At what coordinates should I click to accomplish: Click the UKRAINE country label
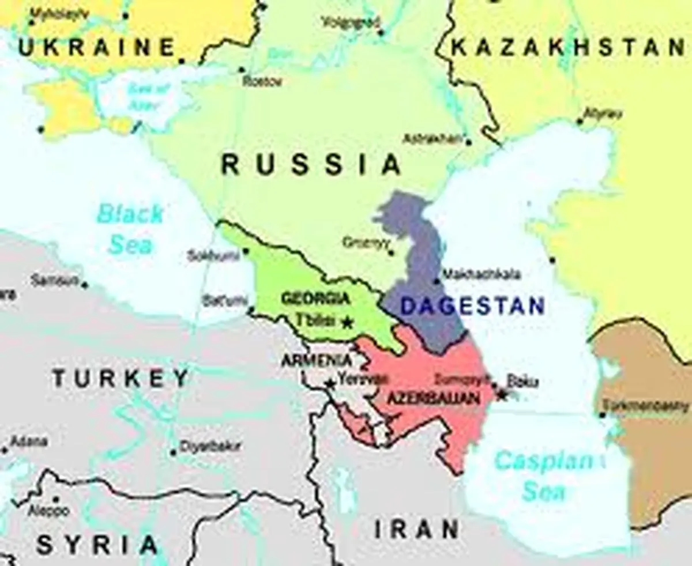(x=97, y=47)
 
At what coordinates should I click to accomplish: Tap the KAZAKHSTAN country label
(x=568, y=47)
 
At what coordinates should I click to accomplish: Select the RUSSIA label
(x=311, y=165)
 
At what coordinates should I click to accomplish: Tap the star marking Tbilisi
(x=347, y=323)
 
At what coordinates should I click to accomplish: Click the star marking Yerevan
(x=330, y=383)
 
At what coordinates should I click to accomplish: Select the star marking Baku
(x=501, y=395)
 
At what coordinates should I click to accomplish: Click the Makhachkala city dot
(x=437, y=281)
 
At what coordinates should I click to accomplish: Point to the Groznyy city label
(x=363, y=243)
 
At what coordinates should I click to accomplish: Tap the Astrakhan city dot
(x=468, y=142)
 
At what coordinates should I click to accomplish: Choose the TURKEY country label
(x=121, y=379)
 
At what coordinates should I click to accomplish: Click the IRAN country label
(x=417, y=529)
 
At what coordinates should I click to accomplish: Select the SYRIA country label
(x=97, y=545)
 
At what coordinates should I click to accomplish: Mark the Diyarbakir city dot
(x=173, y=452)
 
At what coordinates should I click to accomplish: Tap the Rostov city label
(x=262, y=81)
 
